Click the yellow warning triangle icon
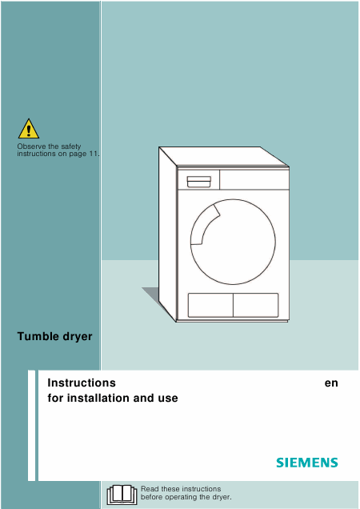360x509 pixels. click(29, 129)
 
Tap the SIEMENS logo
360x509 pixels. click(307, 463)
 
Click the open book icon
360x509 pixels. click(122, 495)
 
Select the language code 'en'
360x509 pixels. click(331, 383)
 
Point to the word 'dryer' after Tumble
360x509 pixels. click(78, 337)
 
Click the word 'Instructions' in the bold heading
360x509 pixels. click(82, 383)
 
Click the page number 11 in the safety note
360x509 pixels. click(93, 154)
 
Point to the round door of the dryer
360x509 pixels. click(233, 242)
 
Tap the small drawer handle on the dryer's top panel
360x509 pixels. click(199, 182)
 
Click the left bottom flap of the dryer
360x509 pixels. click(210, 305)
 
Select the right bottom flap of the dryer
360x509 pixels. click(256, 305)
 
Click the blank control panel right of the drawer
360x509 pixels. click(254, 179)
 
